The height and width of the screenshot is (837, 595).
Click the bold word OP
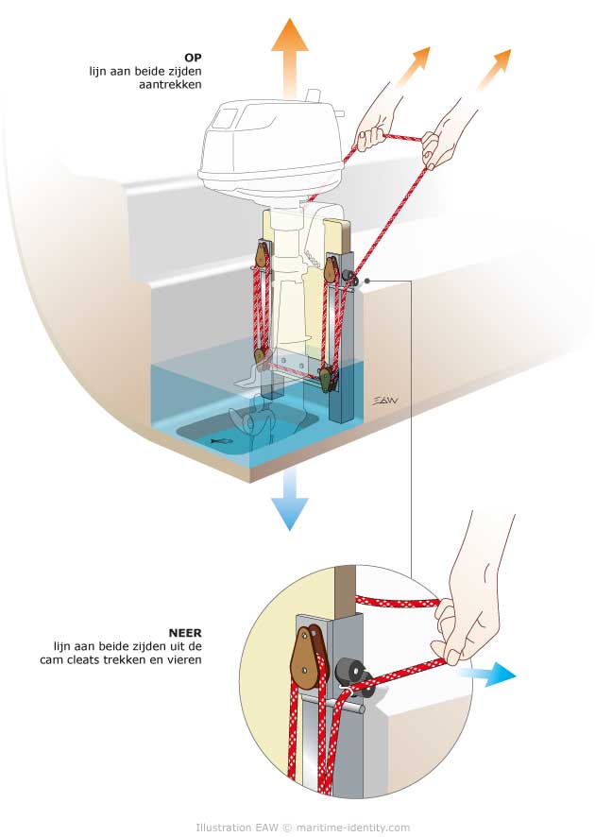click(x=195, y=56)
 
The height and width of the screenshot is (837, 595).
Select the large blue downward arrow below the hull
click(x=289, y=501)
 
